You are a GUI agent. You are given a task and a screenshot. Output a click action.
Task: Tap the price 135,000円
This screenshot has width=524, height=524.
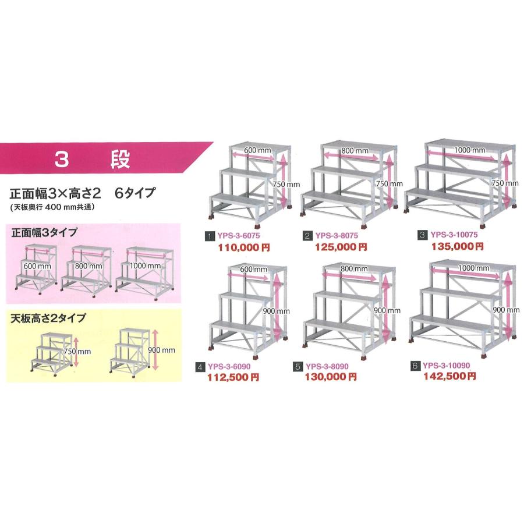457,246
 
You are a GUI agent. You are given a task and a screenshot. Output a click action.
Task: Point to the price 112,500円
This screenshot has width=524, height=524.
232,377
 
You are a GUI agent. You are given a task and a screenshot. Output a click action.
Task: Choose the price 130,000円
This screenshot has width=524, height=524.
331,377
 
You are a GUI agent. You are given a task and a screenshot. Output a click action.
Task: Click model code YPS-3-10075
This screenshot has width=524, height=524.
454,235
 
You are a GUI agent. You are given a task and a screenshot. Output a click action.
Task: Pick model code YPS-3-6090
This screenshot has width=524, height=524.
228,367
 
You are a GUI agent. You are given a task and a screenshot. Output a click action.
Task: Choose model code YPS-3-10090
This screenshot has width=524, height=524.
446,366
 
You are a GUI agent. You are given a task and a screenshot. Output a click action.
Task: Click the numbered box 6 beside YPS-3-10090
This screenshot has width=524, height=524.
415,366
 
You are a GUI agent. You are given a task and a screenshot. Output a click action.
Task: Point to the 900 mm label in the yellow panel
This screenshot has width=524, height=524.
162,350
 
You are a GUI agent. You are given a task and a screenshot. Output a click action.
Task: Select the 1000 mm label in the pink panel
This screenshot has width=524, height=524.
146,265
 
